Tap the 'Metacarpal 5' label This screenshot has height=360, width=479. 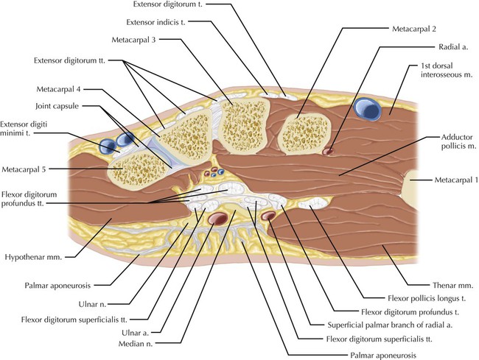[x=24, y=169]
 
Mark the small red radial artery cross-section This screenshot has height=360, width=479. [x=327, y=151]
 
